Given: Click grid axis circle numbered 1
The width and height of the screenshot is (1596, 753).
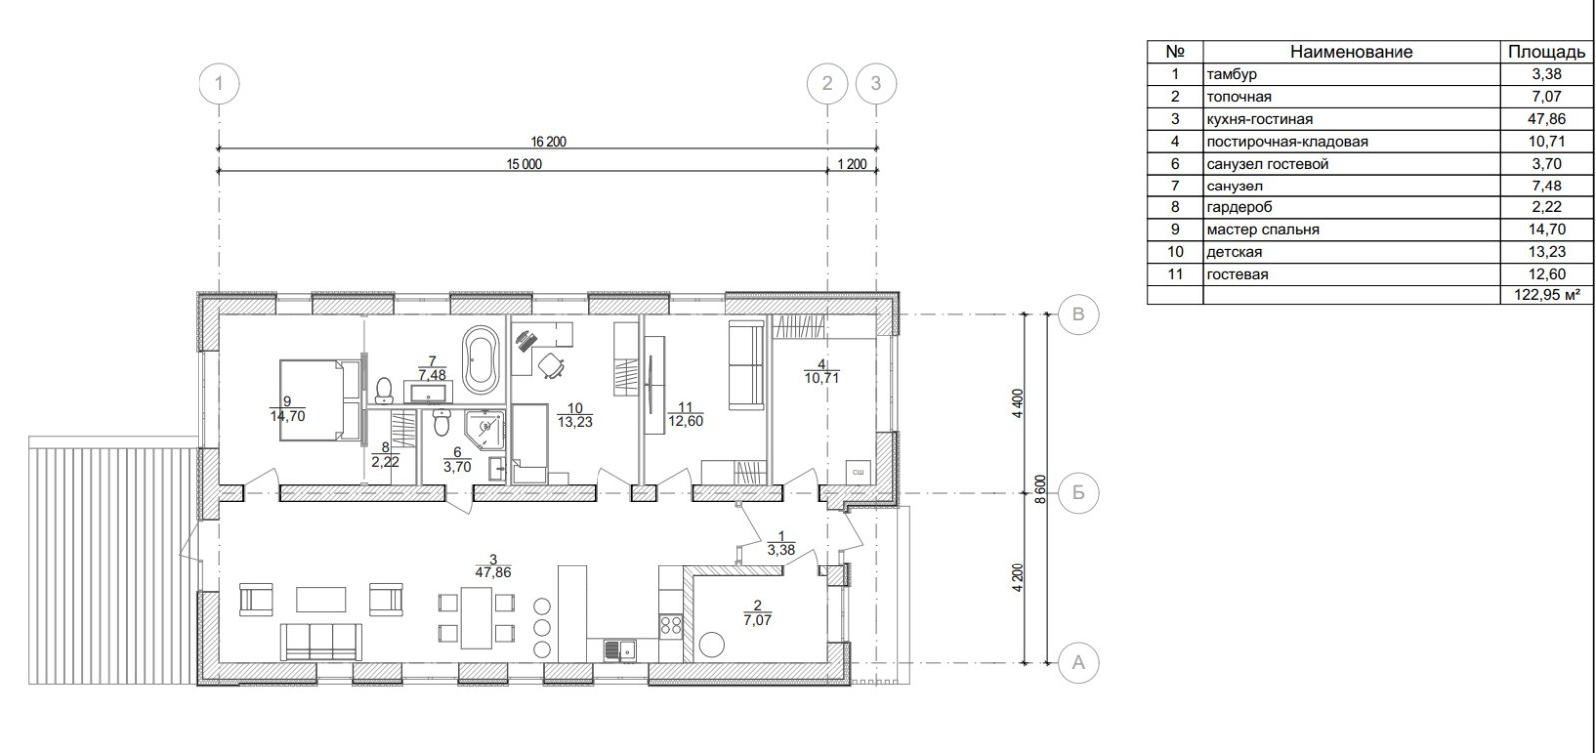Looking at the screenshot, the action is pyautogui.click(x=218, y=84).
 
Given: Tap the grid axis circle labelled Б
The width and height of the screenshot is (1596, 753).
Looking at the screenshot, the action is pyautogui.click(x=1078, y=493).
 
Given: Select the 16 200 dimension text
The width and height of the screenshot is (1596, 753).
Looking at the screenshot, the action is pyautogui.click(x=548, y=141).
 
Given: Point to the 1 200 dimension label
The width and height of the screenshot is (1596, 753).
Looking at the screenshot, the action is pyautogui.click(x=852, y=164).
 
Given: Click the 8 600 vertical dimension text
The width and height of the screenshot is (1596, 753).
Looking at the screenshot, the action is pyautogui.click(x=1041, y=489).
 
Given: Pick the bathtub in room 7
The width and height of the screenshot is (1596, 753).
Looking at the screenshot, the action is pyautogui.click(x=480, y=360).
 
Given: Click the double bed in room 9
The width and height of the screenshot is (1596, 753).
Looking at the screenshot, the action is pyautogui.click(x=320, y=400).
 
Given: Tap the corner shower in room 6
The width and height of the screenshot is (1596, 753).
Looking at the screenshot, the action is pyautogui.click(x=485, y=429).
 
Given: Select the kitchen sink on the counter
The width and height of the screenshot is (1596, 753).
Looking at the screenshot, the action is pyautogui.click(x=620, y=650).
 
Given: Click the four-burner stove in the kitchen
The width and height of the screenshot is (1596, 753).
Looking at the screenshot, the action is pyautogui.click(x=671, y=626).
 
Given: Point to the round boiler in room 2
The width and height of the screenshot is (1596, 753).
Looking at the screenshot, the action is pyautogui.click(x=711, y=645).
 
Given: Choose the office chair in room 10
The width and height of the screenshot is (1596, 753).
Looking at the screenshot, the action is pyautogui.click(x=550, y=366).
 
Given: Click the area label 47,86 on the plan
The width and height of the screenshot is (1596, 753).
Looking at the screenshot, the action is pyautogui.click(x=493, y=572).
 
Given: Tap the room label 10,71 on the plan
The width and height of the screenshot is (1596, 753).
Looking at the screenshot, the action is pyautogui.click(x=822, y=378).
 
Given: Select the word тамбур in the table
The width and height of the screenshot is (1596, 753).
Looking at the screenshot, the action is pyautogui.click(x=1231, y=74).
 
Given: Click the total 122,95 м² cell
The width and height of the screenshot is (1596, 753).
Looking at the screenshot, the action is pyautogui.click(x=1547, y=295).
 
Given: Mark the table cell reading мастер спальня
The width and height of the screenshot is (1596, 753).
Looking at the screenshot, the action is pyautogui.click(x=1263, y=230).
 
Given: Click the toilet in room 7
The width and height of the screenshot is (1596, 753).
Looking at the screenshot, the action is pyautogui.click(x=383, y=390).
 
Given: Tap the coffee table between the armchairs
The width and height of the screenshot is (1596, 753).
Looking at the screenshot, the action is pyautogui.click(x=321, y=599).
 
